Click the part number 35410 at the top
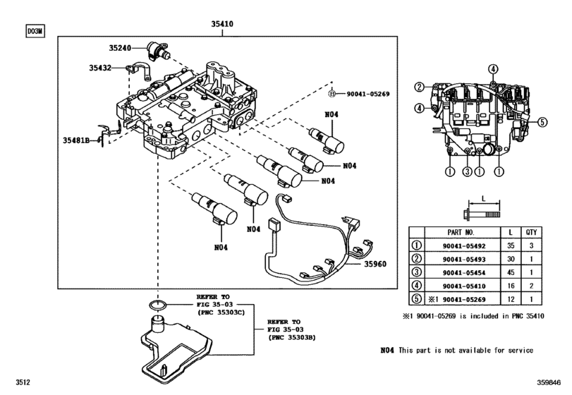coord(222,24)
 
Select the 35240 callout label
coord(120,48)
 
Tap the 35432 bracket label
coord(100,68)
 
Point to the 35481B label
coord(76,140)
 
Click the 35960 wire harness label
coord(375,264)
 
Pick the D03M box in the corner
coord(35,31)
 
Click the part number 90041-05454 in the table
coord(464,273)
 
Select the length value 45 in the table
coord(511,272)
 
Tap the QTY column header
coord(531,232)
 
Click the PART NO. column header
coord(461,232)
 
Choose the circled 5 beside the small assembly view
coord(542,122)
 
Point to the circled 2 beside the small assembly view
coord(420,87)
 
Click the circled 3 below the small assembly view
coord(468,171)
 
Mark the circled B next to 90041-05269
coord(331,94)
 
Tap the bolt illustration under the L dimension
coord(482,214)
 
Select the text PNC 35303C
coord(221,312)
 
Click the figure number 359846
coord(548,382)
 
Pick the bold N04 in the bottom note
coord(387,350)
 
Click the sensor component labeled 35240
coord(158,50)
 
